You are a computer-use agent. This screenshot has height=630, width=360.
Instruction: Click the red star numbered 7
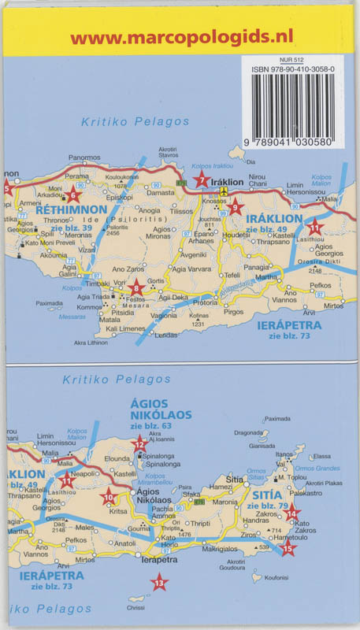(x=202, y=180)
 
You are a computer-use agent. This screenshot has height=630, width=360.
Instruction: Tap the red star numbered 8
(x=135, y=288)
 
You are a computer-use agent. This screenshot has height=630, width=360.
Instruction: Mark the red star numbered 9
(x=235, y=209)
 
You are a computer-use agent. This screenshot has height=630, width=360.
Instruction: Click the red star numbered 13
(x=160, y=584)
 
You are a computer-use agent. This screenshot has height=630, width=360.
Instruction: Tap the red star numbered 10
(x=109, y=497)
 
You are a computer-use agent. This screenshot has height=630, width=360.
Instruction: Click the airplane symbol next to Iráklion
(x=225, y=191)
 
